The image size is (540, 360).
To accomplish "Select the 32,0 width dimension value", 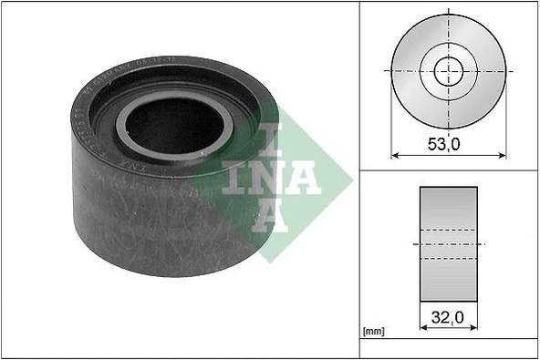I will (x=447, y=319).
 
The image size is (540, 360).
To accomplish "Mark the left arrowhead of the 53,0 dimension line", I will (x=395, y=156).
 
